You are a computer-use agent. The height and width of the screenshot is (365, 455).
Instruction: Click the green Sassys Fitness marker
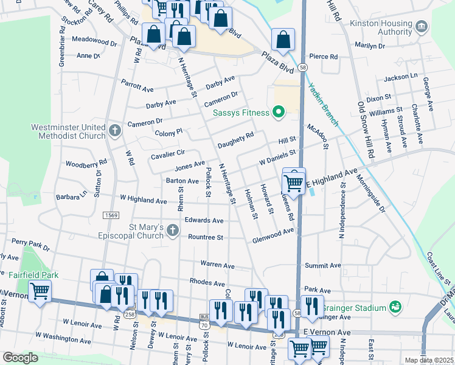coord(279,112)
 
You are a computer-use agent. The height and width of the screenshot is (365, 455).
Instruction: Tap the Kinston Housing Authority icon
coord(422,27)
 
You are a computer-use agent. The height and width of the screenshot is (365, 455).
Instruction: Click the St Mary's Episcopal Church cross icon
coord(173,231)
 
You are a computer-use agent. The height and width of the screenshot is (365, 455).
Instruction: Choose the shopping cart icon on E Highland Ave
coord(294,181)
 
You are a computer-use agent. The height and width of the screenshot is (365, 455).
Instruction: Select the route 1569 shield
coord(110,215)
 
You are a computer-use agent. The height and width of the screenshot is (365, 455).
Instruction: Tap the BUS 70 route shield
coord(204,321)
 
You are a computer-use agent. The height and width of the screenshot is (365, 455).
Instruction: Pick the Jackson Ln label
coord(401,77)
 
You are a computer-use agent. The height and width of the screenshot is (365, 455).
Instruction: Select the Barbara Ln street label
coord(71,197)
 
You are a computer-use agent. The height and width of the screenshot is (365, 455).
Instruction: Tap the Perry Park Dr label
coord(35,245)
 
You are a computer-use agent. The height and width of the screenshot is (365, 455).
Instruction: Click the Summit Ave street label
coord(323,266)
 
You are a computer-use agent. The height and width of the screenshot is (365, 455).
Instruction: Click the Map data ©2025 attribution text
coord(429,360)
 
